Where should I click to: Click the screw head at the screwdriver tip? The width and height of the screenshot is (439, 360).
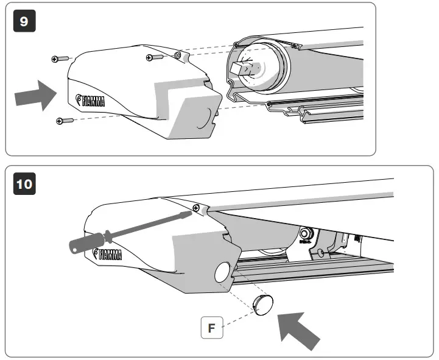click(195, 208)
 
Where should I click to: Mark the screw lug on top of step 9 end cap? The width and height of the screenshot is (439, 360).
click(177, 55)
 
